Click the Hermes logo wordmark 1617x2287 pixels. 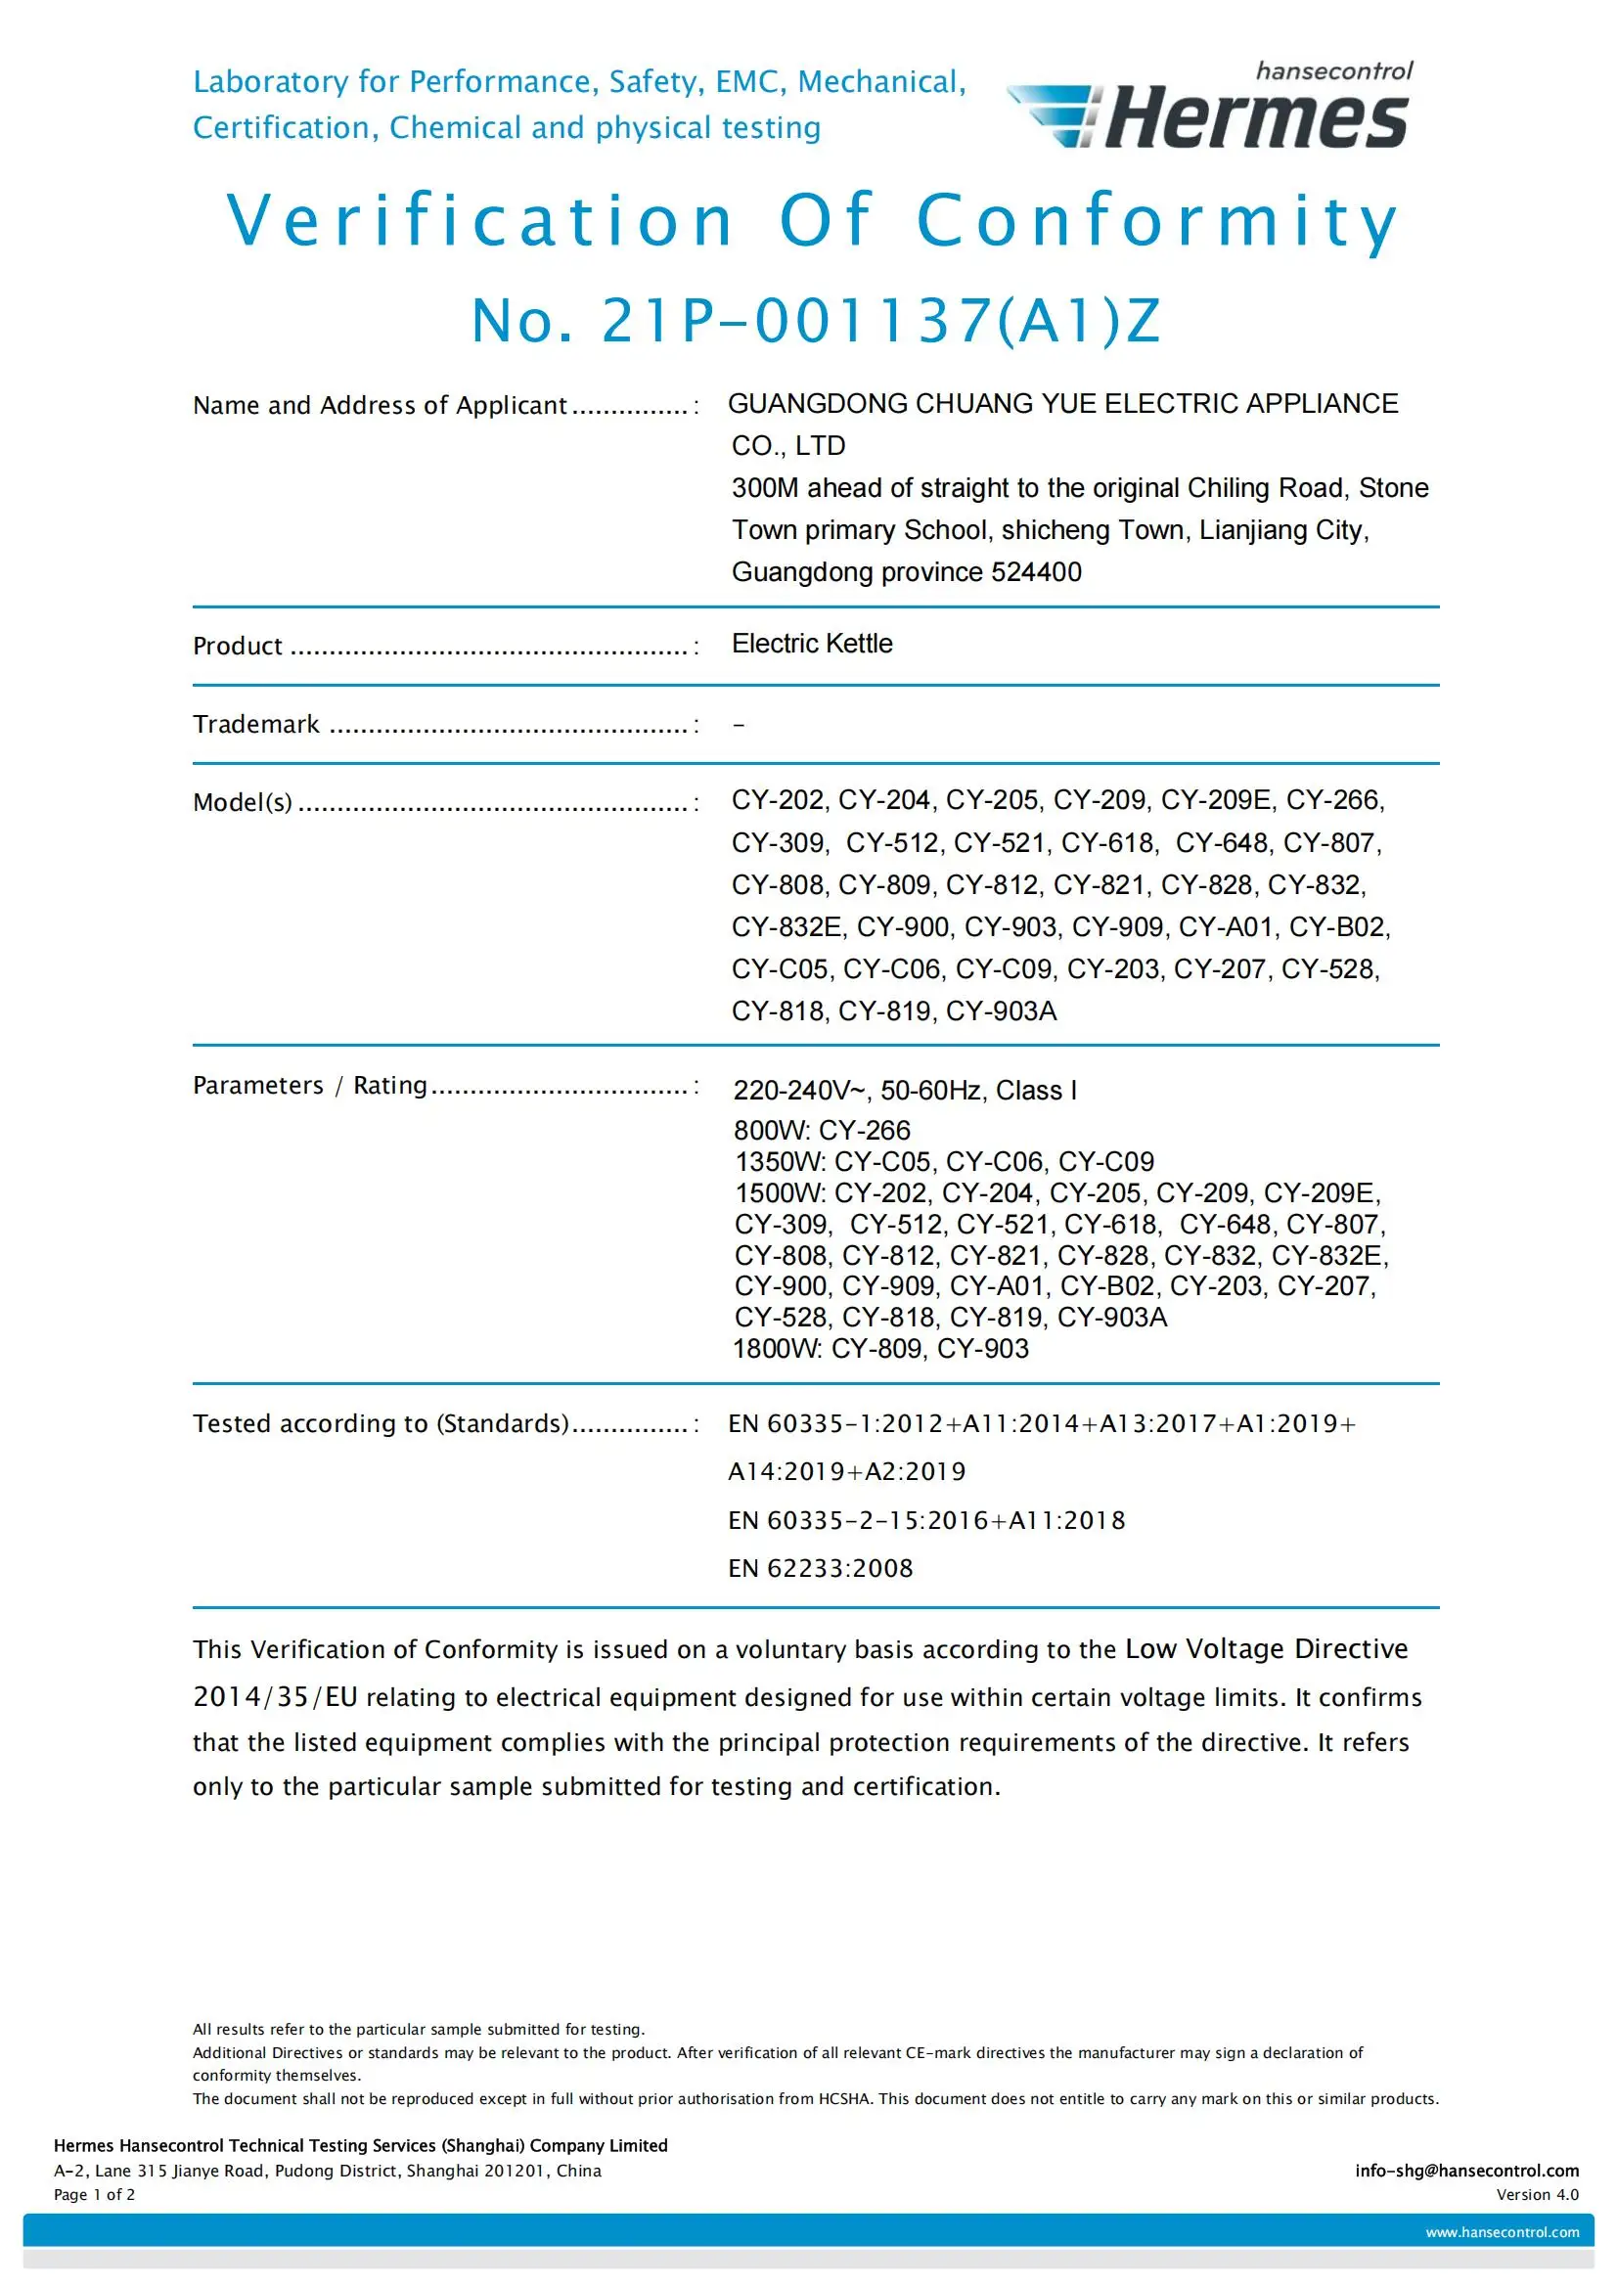coord(1255,118)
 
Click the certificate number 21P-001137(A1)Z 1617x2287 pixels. coord(816,321)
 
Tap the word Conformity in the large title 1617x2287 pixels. coord(1156,220)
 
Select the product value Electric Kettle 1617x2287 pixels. coord(812,644)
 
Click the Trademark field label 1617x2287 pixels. coord(256,724)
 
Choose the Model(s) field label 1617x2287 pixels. coord(242,802)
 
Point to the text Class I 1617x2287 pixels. coord(1036,1091)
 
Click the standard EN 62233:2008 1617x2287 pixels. coord(820,1569)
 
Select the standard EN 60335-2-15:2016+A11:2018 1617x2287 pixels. coord(926,1521)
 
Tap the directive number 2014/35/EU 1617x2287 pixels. coord(275,1697)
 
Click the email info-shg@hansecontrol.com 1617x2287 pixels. coord(1466,2171)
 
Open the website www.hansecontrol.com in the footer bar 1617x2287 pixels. coord(1502,2232)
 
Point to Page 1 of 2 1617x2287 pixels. coord(95,2194)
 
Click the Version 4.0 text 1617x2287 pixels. coord(1538,2194)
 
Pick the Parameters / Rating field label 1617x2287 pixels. coord(309,1085)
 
